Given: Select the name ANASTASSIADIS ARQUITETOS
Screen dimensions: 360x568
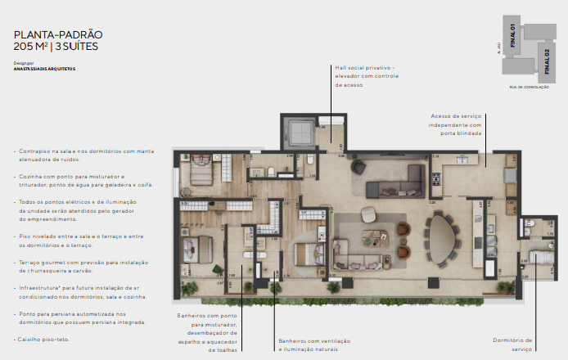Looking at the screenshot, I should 44,69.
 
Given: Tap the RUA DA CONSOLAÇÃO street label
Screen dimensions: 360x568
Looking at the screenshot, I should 526,87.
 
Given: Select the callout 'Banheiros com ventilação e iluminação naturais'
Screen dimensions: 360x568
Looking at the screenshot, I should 315,344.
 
